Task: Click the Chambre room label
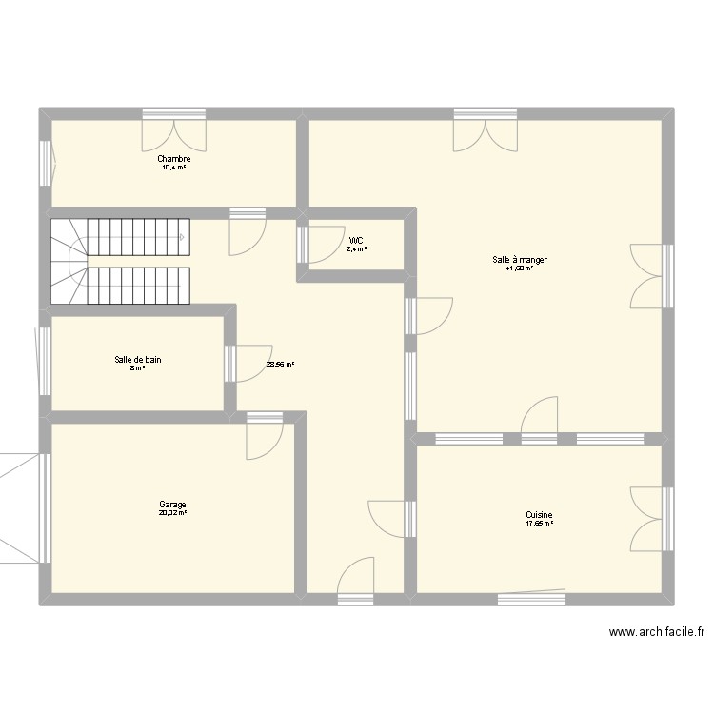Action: pos(174,159)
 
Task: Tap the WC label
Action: pos(356,240)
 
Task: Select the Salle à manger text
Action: pos(520,259)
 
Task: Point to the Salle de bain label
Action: pos(138,359)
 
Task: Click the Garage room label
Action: pos(172,505)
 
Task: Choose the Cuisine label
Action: pos(539,514)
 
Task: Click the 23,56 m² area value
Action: pos(280,364)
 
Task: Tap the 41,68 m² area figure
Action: pos(520,268)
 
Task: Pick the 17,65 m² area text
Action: pos(539,523)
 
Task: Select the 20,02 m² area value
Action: pos(172,513)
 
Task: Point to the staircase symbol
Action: pos(120,259)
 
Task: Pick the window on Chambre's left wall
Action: pos(46,162)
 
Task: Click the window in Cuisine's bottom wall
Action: pos(531,597)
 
